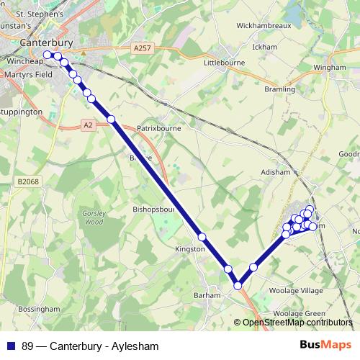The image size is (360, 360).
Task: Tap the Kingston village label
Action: (190, 248)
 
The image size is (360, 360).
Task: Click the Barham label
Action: (207, 295)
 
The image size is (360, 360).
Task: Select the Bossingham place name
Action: (39, 308)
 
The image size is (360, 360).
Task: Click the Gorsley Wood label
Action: (95, 217)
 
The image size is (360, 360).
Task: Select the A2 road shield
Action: (88, 125)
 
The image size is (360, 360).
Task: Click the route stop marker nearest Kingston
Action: (202, 237)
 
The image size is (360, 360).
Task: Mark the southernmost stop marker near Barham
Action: (238, 286)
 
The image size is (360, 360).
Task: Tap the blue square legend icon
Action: (11, 346)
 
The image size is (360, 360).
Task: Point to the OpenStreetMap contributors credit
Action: (297, 323)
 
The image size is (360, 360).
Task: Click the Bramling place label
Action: (280, 89)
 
